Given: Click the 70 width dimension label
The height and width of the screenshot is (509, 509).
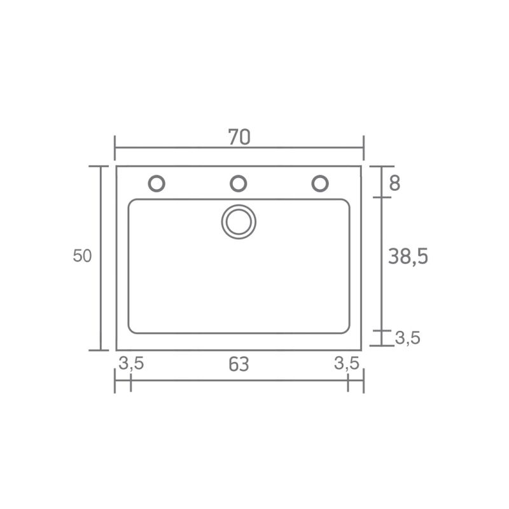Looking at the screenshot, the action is (239, 137).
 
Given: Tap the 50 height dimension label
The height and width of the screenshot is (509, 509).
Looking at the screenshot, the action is (82, 256).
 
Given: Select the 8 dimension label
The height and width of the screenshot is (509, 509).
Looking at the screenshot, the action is (394, 183).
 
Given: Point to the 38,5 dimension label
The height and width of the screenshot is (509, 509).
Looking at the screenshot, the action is (408, 256).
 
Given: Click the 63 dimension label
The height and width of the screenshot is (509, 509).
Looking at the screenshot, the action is (239, 364).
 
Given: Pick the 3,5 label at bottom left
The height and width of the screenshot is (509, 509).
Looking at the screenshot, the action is (131, 363).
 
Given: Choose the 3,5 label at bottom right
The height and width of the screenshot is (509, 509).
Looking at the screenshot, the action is (347, 363).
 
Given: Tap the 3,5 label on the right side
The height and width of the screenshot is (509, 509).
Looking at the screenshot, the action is (407, 338).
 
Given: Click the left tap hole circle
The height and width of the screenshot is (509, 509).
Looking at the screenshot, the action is (157, 183).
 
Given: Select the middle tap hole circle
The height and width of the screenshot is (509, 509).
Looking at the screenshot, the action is (238, 183).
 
